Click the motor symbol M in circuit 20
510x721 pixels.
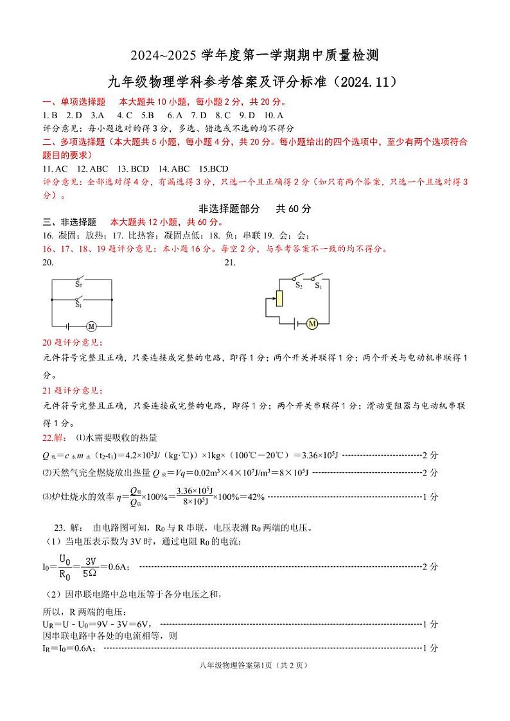point(91,326)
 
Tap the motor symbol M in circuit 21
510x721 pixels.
point(312,323)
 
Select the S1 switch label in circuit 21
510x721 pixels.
point(317,287)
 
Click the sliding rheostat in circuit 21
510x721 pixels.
point(278,298)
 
